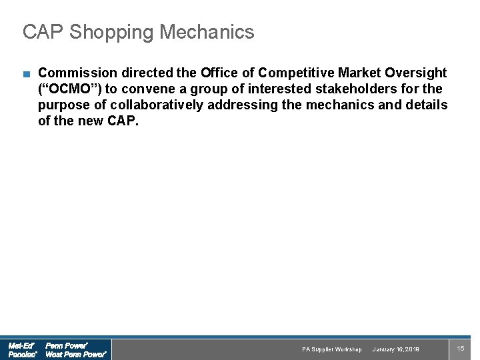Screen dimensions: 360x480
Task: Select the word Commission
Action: (x=77, y=73)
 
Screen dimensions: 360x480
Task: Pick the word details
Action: (x=427, y=105)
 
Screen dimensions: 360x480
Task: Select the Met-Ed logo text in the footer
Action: (x=21, y=345)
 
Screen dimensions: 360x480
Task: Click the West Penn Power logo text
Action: (x=75, y=355)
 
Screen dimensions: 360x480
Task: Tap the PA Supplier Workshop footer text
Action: (x=331, y=349)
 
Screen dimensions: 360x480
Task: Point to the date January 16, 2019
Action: (x=396, y=349)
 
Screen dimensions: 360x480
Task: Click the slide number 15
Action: (x=460, y=349)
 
